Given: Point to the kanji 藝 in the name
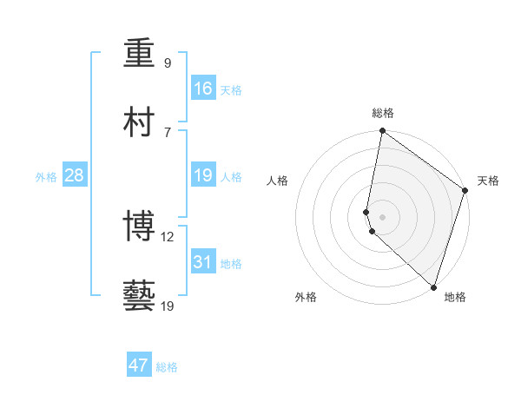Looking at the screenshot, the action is tap(140, 297).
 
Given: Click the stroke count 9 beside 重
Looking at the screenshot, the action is tap(168, 63).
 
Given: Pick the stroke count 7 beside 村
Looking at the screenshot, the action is tap(168, 132).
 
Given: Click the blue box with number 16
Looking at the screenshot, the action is tap(203, 89).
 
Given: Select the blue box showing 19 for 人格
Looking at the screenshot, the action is tap(203, 175).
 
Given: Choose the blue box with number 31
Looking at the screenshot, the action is tap(203, 262).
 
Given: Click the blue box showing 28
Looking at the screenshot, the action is tap(75, 175).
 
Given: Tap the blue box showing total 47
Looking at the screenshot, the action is tap(139, 365).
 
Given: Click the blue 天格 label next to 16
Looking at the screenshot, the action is tap(230, 90).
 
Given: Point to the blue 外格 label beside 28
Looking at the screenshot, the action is tap(46, 177).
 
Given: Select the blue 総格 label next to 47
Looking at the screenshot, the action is tap(167, 367).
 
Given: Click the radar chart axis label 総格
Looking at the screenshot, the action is tap(383, 113).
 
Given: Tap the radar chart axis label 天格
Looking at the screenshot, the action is tap(488, 181).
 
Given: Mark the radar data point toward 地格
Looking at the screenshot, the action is tap(433, 286).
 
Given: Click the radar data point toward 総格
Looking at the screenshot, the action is tap(382, 132).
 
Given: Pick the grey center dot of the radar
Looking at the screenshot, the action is tap(382, 216).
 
